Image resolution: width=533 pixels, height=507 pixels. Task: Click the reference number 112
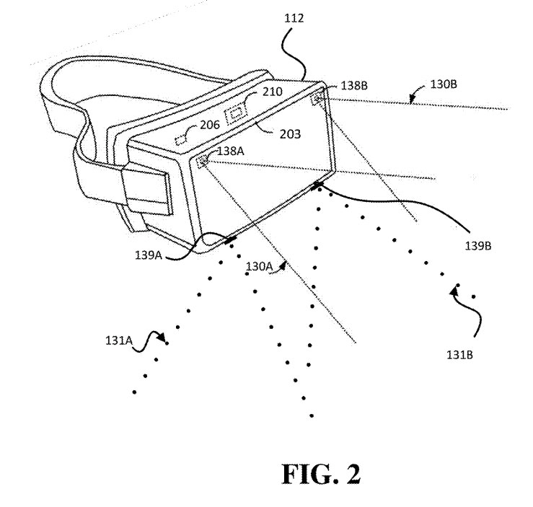pyautogui.click(x=294, y=18)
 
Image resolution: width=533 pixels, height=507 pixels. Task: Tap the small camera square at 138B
pyautogui.click(x=317, y=100)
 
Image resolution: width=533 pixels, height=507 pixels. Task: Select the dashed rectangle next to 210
pyautogui.click(x=237, y=113)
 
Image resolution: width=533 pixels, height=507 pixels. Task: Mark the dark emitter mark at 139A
pyautogui.click(x=231, y=239)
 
